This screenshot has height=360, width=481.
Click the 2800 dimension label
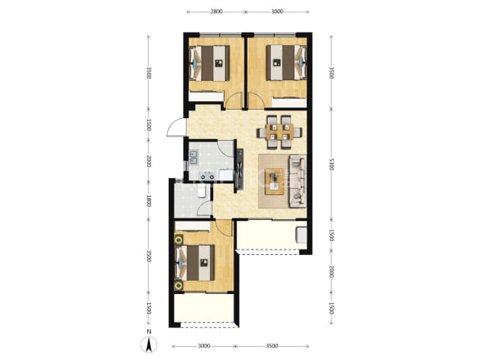216,12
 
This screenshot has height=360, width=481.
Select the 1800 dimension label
149,201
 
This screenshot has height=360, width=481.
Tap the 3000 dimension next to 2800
277,12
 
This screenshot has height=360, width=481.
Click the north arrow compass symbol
149,344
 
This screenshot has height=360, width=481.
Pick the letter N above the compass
149,331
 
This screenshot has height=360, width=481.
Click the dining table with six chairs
279,132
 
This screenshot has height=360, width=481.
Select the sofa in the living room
297,180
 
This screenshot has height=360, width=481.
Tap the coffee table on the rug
275,181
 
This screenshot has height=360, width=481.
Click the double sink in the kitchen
194,157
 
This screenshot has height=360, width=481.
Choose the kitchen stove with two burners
207,176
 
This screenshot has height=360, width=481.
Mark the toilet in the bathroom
202,190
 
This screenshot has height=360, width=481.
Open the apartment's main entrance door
177,128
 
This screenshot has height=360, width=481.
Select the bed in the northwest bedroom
210,63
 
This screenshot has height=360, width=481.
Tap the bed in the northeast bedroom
286,62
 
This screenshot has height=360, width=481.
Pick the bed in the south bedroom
195,263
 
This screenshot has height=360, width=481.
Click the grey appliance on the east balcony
301,235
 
